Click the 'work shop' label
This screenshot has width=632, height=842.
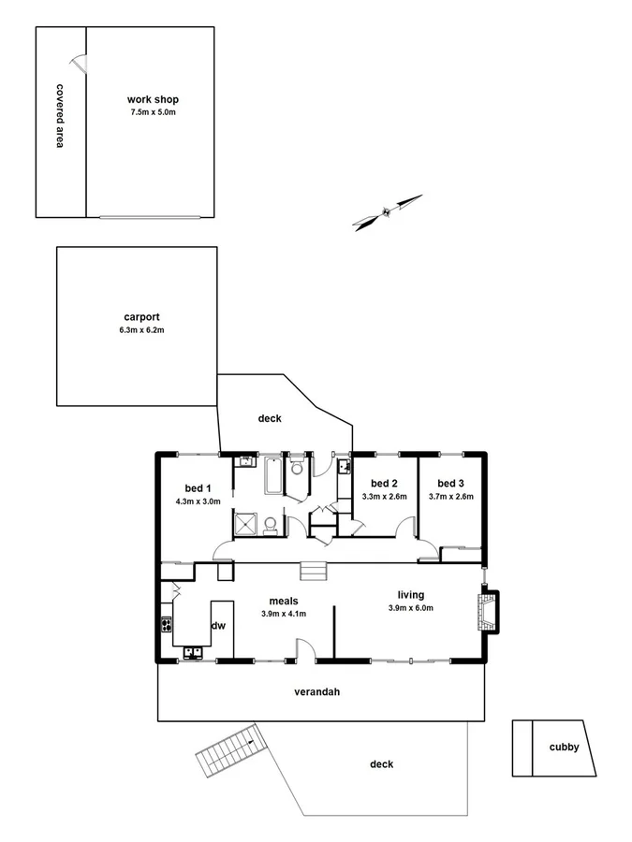coord(153,99)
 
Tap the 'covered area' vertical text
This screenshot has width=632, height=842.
coord(59,117)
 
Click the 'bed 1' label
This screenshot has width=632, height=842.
coord(197,487)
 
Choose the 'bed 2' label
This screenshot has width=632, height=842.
coord(384,483)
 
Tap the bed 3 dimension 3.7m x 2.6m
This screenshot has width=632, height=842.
coord(451,497)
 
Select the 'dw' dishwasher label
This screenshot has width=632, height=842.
coord(218,626)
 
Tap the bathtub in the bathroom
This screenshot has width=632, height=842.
coord(273,475)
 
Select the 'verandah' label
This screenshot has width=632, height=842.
coord(316,692)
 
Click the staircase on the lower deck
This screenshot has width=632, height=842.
coord(228,750)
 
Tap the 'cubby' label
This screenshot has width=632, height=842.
coord(564,747)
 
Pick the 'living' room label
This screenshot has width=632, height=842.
coord(411,594)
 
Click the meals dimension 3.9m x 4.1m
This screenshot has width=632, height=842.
coord(283,614)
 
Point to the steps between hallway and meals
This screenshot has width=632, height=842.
coord(312,571)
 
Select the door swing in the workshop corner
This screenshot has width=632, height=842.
coord(81,63)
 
